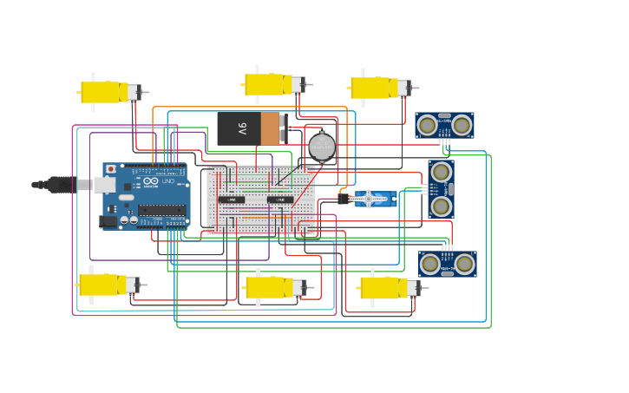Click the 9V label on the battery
242,128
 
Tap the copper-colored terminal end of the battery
270,128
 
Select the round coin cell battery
322,147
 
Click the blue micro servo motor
375,200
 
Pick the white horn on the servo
368,200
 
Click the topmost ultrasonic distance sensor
444,125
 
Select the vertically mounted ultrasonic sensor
441,188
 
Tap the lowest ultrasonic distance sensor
447,264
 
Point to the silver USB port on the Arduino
104,185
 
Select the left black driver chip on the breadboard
231,200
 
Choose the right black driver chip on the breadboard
279,200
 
